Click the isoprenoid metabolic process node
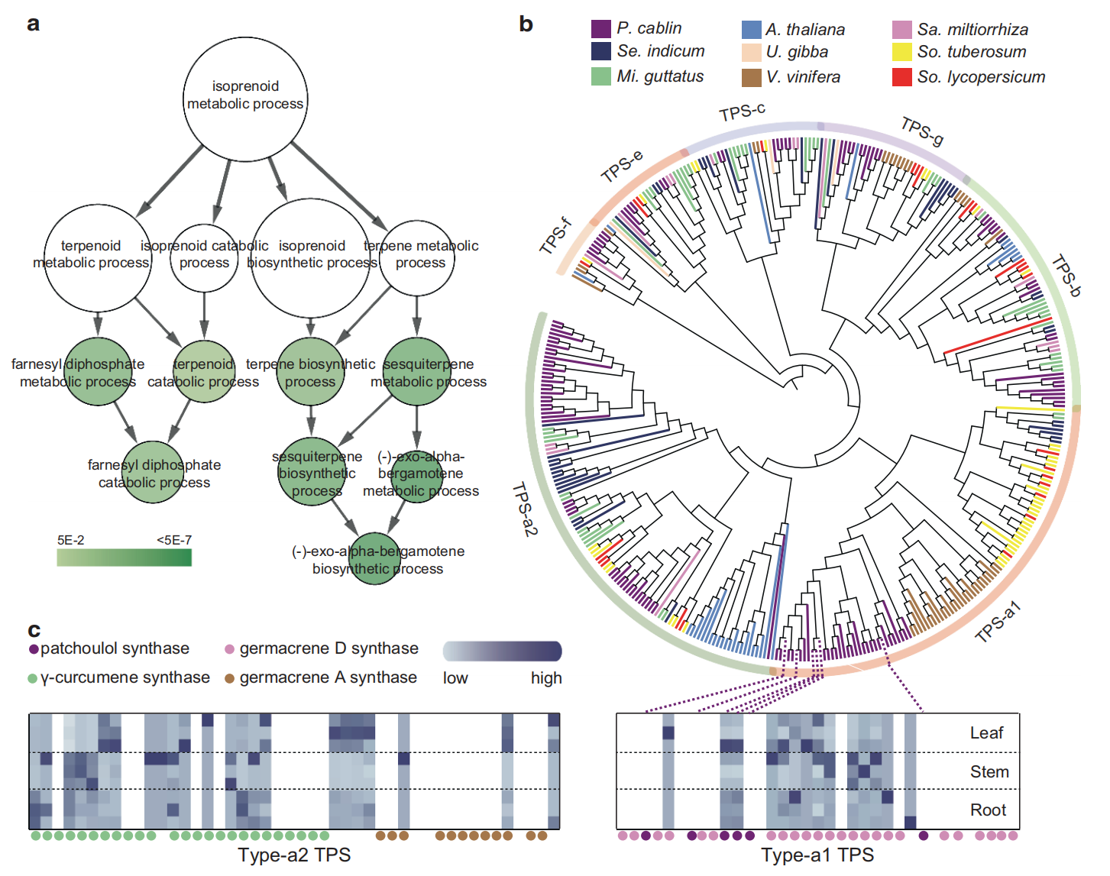click(x=245, y=99)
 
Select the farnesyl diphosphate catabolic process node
click(x=154, y=472)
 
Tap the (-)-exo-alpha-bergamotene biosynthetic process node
click(x=377, y=559)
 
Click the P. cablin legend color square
click(x=600, y=29)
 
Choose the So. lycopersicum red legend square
click(x=901, y=77)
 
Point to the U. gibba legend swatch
click(x=751, y=53)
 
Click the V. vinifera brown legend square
click(x=751, y=77)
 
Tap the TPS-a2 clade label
click(x=524, y=509)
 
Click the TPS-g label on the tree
click(x=921, y=131)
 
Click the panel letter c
click(x=34, y=630)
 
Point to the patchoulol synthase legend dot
click(x=34, y=649)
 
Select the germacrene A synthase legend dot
click(x=229, y=678)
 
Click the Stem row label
click(x=989, y=772)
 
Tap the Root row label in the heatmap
click(x=988, y=810)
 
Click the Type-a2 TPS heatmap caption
click(x=294, y=855)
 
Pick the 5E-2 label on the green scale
click(x=70, y=541)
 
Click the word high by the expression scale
click(x=546, y=678)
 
